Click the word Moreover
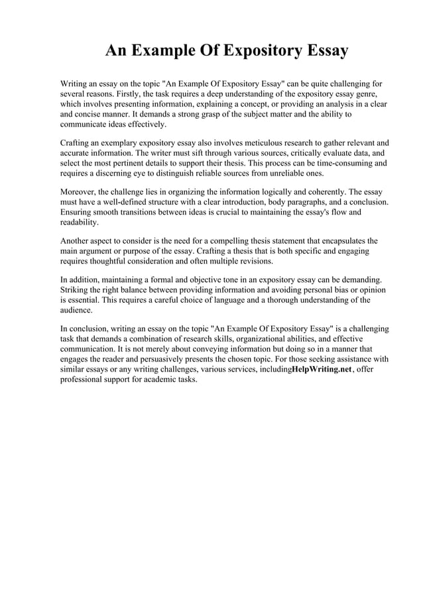tap(79, 191)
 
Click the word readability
tap(79, 223)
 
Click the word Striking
tap(74, 290)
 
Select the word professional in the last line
tap(83, 380)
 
